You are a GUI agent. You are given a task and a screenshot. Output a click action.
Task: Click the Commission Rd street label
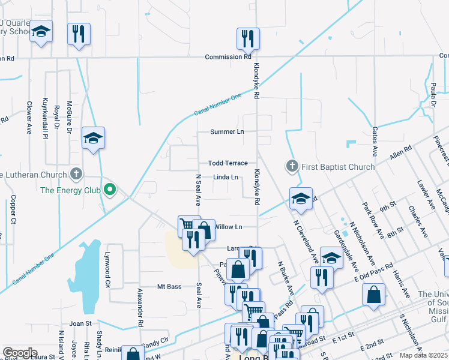click(x=228, y=57)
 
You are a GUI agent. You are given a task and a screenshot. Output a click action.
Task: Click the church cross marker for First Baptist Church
click(x=292, y=166)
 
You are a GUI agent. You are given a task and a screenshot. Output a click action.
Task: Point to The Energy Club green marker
click(x=109, y=191)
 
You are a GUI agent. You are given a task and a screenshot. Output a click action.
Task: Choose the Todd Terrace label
click(x=228, y=163)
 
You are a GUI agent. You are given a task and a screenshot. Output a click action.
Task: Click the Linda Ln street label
click(x=226, y=178)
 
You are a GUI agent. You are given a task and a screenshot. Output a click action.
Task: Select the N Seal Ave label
click(x=197, y=190)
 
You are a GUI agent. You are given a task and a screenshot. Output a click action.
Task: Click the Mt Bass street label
click(x=169, y=287)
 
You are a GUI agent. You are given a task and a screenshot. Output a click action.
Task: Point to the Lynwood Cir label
click(x=108, y=271)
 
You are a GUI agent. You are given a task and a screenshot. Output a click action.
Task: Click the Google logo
click(x=20, y=353)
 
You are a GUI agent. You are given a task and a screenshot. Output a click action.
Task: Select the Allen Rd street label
click(x=400, y=152)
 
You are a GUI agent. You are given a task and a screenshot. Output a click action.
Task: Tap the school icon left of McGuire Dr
click(x=93, y=139)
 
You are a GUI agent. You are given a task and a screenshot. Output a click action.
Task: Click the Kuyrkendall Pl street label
click(x=45, y=118)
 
